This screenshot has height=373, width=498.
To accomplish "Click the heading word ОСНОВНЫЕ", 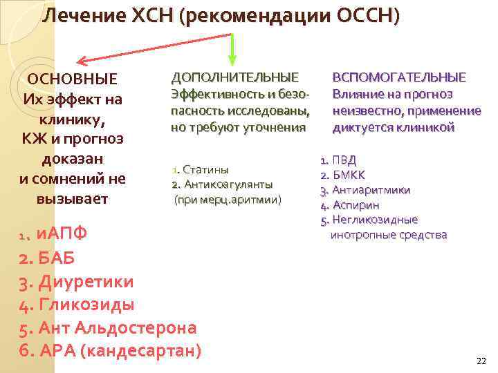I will point(71,79).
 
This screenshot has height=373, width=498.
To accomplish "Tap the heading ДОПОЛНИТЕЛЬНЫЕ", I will point(235,77).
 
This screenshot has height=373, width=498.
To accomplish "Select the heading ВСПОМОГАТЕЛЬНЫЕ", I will point(400,77).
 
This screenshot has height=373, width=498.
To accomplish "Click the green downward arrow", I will point(232,48).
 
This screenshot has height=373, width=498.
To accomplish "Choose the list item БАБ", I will point(55,258).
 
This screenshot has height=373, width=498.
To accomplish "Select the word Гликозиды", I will point(86,305).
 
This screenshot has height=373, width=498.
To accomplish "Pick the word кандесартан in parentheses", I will point(140,351).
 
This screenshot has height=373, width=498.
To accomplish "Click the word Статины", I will point(206,170).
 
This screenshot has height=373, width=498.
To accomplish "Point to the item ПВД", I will point(344,160).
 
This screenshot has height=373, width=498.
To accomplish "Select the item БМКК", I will point(349,175).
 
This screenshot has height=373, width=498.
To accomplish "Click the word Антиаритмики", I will point(371,190).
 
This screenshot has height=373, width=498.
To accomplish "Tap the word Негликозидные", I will point(375,220).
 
